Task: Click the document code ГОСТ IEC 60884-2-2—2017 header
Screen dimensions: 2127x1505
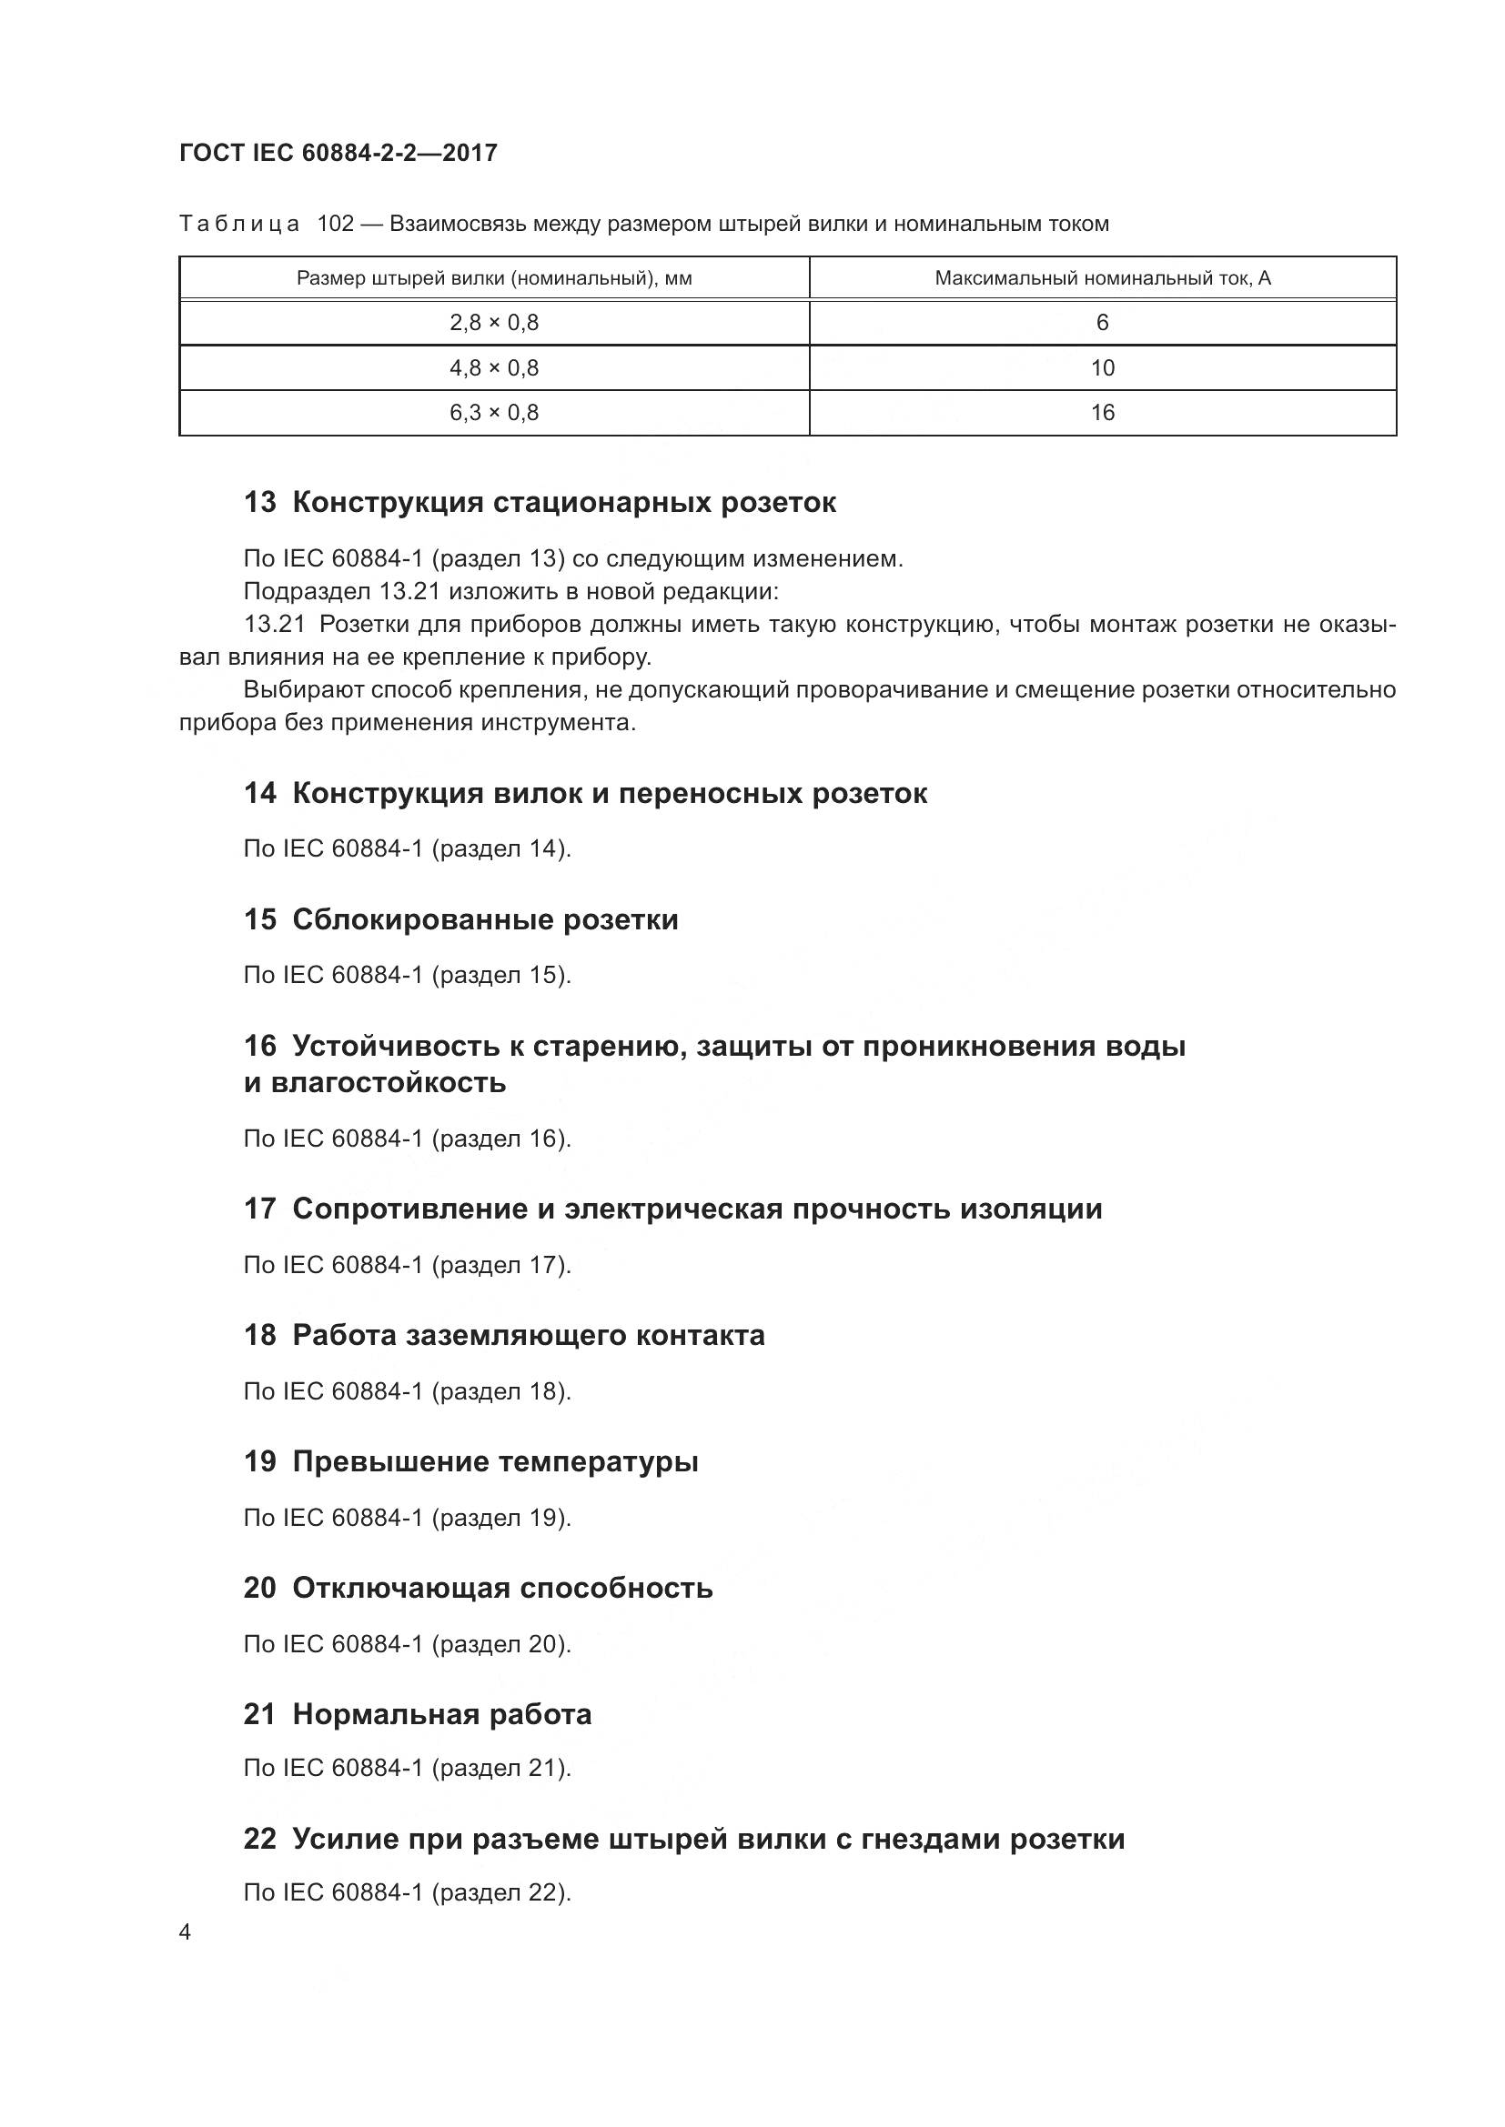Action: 338,153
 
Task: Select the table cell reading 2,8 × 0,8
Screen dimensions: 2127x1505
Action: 494,324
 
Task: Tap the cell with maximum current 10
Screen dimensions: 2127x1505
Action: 1102,368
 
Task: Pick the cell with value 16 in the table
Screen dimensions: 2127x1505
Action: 1102,413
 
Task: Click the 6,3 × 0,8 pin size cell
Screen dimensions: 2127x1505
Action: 494,413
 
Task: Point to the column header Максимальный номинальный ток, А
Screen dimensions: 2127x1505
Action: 1102,278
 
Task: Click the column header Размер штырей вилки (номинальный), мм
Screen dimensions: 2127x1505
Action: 494,278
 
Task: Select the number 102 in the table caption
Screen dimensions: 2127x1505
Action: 336,225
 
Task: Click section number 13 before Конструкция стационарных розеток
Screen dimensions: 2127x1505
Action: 259,503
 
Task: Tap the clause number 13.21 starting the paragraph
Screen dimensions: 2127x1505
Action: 274,625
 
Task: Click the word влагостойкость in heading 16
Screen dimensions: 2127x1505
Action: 388,1083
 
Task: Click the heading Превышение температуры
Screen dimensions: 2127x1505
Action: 495,1462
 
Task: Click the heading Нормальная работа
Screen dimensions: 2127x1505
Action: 442,1715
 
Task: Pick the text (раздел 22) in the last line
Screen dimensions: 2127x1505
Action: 498,1892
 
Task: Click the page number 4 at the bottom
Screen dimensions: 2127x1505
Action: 186,1933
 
